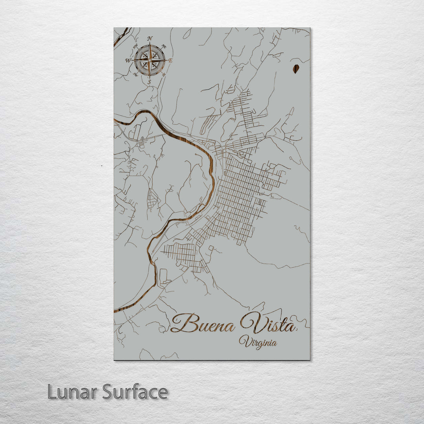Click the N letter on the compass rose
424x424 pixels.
tap(150, 38)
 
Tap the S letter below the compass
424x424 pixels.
tap(149, 82)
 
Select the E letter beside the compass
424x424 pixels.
tap(170, 60)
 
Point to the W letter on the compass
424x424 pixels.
tap(128, 60)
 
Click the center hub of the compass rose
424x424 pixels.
tap(149, 60)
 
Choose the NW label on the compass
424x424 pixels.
tap(136, 47)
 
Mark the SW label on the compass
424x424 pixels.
tap(135, 74)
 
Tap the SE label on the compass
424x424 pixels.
tap(164, 74)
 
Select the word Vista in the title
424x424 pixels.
tap(267, 323)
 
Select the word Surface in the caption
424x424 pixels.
tap(135, 392)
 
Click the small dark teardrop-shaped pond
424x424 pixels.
tap(296, 69)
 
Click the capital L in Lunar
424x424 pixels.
tap(51, 392)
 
